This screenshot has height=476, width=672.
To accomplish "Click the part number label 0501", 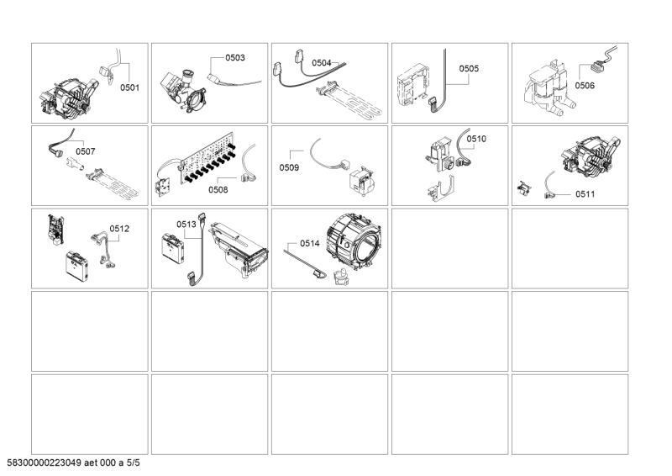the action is coord(129,87).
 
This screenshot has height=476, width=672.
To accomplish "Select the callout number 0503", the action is coord(235,58).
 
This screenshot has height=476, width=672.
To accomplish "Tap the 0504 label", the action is coord(322,63).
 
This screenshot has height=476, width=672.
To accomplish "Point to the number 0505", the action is coord(469,69).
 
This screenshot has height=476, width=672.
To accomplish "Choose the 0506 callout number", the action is coord(585,86).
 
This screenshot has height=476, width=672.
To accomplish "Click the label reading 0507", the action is coord(86,151).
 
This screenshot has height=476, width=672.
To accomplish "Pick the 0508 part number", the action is coord(218,190).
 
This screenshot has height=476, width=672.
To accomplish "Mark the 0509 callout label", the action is coord(289,167).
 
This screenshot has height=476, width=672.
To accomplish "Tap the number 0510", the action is coord(476,139).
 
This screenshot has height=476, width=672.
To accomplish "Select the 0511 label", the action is coord(585,194).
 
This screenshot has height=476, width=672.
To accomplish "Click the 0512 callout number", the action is coord(119,229).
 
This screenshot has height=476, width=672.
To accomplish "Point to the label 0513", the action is coord(186,224).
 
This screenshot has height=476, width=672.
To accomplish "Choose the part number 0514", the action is coord(309,243).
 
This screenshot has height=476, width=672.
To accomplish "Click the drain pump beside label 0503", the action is coord(183,91).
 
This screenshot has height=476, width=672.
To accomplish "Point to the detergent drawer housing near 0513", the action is coord(239,250).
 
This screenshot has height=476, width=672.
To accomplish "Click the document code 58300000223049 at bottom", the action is coord(44,463).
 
